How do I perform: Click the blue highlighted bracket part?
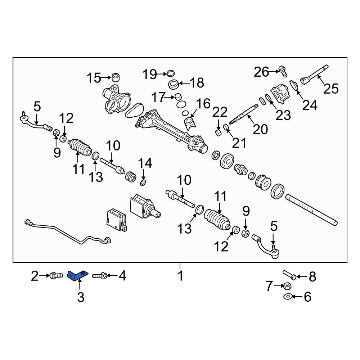click(77, 275)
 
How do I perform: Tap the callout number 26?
click(261, 72)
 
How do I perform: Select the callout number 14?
click(145, 163)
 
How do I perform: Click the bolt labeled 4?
click(100, 275)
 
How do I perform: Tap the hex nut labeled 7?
click(287, 286)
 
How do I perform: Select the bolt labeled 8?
click(289, 275)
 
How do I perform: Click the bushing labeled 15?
click(116, 78)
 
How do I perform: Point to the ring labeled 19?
click(170, 73)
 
